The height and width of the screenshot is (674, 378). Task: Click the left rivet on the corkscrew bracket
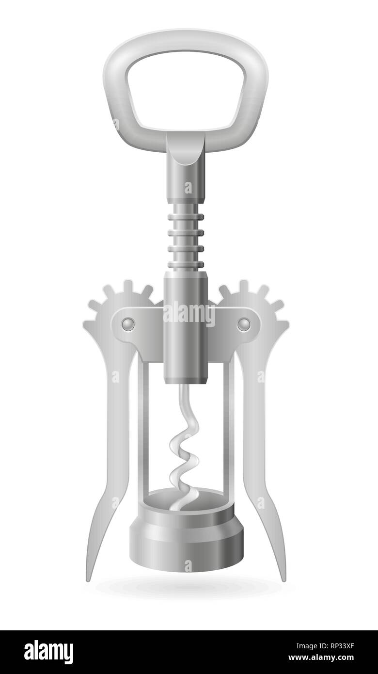(128, 323)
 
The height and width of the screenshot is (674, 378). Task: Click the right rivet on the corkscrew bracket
(243, 323)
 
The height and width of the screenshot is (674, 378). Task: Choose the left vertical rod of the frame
(141, 427)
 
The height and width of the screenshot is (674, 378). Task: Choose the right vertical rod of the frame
(231, 427)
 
